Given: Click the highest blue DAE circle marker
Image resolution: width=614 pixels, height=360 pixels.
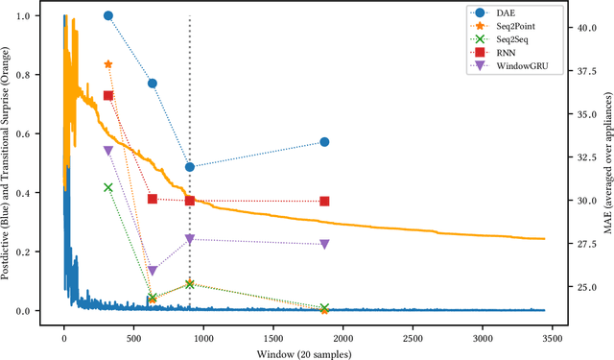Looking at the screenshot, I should click(x=108, y=16).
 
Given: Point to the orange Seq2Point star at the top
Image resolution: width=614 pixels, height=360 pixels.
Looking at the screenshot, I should click(x=108, y=64).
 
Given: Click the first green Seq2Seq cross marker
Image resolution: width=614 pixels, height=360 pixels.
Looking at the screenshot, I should click(x=108, y=187).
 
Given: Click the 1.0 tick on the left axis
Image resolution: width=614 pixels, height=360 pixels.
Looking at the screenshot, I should click(x=32, y=16).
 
